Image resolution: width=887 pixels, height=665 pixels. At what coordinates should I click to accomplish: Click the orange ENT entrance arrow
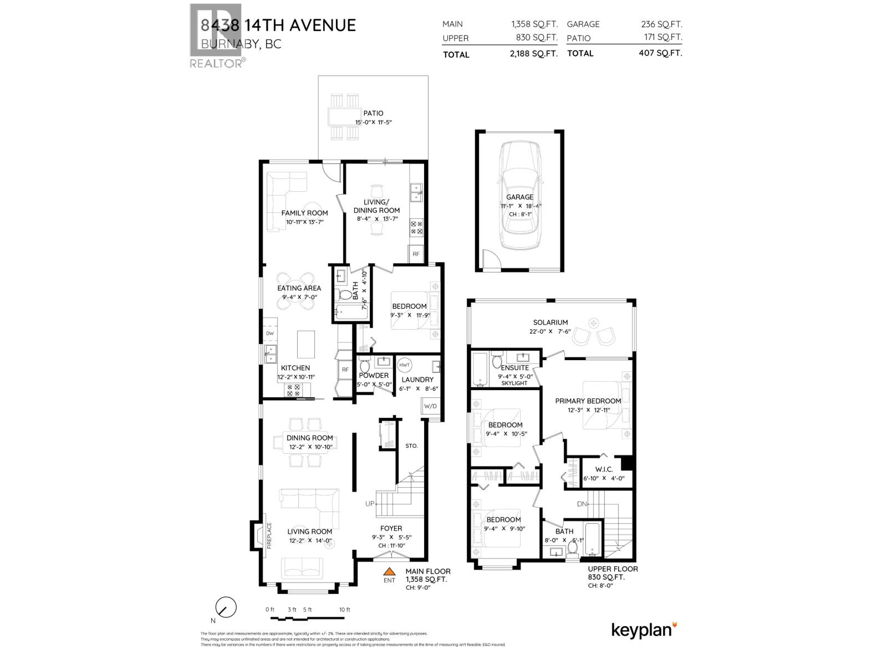[x=390, y=571]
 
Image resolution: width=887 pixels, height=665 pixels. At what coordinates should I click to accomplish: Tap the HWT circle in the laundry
[x=405, y=365]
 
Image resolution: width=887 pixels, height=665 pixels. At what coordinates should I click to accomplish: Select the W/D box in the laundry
[x=430, y=406]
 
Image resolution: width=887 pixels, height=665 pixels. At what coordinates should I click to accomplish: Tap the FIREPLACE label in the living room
[x=269, y=535]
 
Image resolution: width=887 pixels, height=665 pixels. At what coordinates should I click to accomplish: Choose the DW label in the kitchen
[x=270, y=334]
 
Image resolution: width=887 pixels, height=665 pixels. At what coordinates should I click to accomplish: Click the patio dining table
[x=344, y=117]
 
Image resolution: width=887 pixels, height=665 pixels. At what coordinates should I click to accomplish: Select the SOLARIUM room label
[x=550, y=322]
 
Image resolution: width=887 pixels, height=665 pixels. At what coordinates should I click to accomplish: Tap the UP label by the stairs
[x=369, y=504]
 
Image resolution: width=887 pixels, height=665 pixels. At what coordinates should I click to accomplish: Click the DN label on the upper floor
[x=581, y=504]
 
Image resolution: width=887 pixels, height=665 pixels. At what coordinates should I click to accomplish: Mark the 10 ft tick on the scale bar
[x=345, y=610]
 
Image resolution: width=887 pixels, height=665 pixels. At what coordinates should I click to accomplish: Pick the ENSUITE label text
[x=514, y=367]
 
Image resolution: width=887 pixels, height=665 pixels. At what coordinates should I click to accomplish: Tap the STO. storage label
[x=411, y=446]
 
